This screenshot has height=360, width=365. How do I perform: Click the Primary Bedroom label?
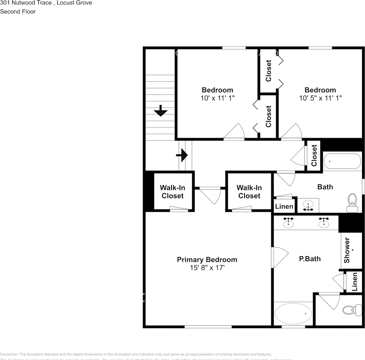pyautogui.click(x=207, y=259)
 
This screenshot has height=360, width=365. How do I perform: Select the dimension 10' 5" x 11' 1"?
pyautogui.click(x=320, y=98)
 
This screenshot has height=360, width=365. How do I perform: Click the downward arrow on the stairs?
pyautogui.click(x=161, y=111)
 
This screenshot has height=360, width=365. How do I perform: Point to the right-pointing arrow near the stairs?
pyautogui.click(x=182, y=155)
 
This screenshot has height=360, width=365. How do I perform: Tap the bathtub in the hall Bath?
pyautogui.click(x=342, y=161)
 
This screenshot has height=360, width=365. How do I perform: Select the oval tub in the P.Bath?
pyautogui.click(x=293, y=313)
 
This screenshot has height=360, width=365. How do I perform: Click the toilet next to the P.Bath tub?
pyautogui.click(x=348, y=310)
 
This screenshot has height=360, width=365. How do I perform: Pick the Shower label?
pyautogui.click(x=347, y=250)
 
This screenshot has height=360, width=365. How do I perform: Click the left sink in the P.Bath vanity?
pyautogui.click(x=288, y=223)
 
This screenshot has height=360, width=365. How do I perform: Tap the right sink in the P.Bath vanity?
pyautogui.click(x=324, y=223)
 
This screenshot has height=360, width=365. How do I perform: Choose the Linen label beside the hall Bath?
pyautogui.click(x=284, y=206)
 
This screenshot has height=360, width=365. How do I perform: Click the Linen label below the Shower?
pyautogui.click(x=354, y=282)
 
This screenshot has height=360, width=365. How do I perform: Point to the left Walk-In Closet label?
pyautogui.click(x=173, y=192)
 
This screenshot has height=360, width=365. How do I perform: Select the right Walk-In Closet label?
pyautogui.click(x=249, y=192)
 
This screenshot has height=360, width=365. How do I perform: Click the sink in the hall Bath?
pyautogui.click(x=308, y=206)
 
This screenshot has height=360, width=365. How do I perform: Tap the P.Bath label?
pyautogui.click(x=309, y=258)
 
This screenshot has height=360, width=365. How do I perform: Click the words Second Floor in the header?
pyautogui.click(x=18, y=11)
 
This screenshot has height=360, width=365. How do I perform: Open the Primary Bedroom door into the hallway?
pyautogui.click(x=210, y=194)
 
